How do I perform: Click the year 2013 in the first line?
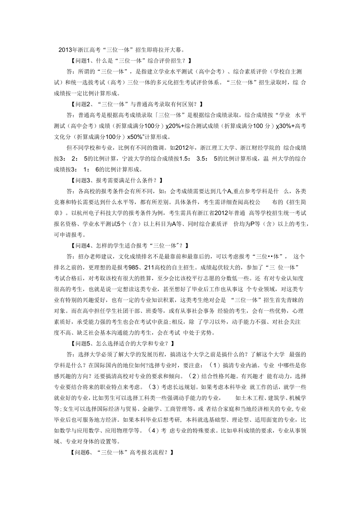65,50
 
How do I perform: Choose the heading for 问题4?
128,245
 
